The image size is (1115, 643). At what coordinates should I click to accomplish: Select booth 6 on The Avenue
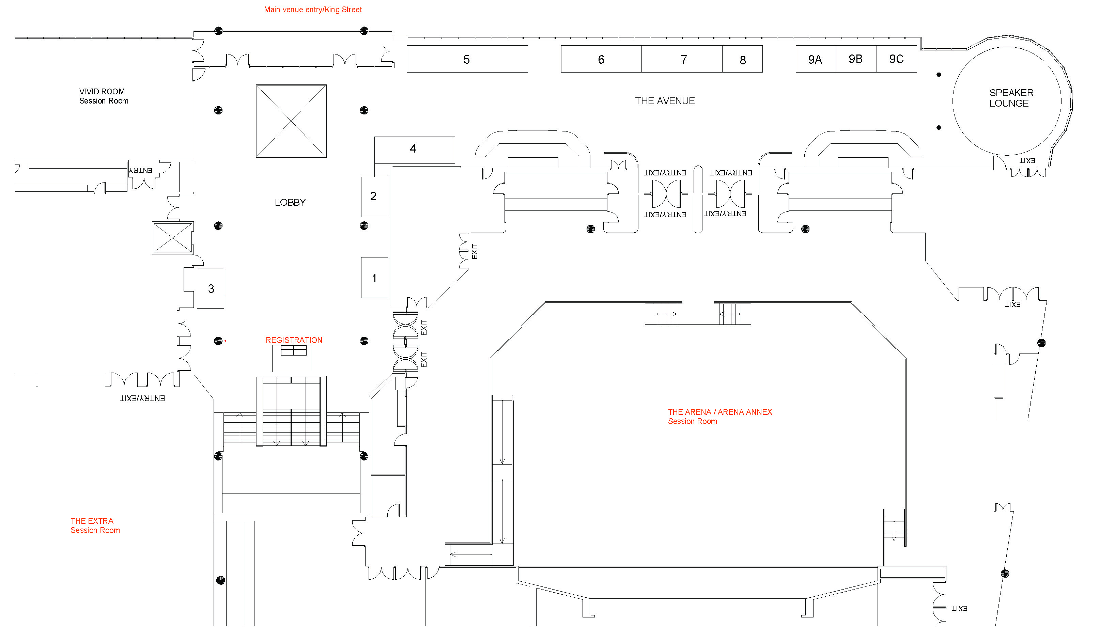point(601,59)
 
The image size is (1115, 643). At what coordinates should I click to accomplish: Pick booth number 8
point(742,60)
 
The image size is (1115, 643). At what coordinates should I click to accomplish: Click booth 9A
point(816,59)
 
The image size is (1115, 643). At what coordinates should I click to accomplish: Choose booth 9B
point(856,59)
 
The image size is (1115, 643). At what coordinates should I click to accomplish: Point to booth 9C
point(896,59)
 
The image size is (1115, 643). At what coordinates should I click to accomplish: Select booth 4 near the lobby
point(414,149)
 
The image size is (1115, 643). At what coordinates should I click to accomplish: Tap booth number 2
point(374,197)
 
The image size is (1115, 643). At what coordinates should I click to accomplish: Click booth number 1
point(374,278)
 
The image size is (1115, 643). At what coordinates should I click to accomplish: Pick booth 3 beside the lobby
point(211,288)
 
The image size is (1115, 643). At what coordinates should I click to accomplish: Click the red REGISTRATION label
point(294,340)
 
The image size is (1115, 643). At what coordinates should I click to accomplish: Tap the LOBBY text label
point(290,202)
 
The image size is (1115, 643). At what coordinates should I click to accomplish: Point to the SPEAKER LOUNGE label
point(1011,98)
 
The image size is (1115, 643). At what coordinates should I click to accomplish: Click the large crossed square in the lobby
point(291,121)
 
